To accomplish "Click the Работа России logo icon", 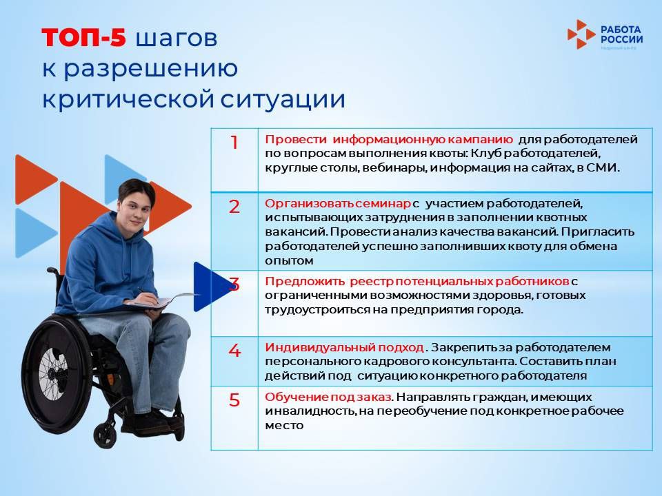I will (581, 34).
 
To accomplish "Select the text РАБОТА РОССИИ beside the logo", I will (621, 34).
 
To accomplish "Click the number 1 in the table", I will (234, 143).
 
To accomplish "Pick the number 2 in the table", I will (234, 207).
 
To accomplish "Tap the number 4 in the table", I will (234, 351).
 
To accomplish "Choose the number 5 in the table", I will (234, 400).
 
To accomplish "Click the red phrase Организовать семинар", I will (338, 205).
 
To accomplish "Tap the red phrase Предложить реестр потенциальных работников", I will (417, 282).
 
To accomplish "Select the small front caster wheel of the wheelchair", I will (105, 434).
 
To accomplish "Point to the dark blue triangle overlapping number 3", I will (208, 286).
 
